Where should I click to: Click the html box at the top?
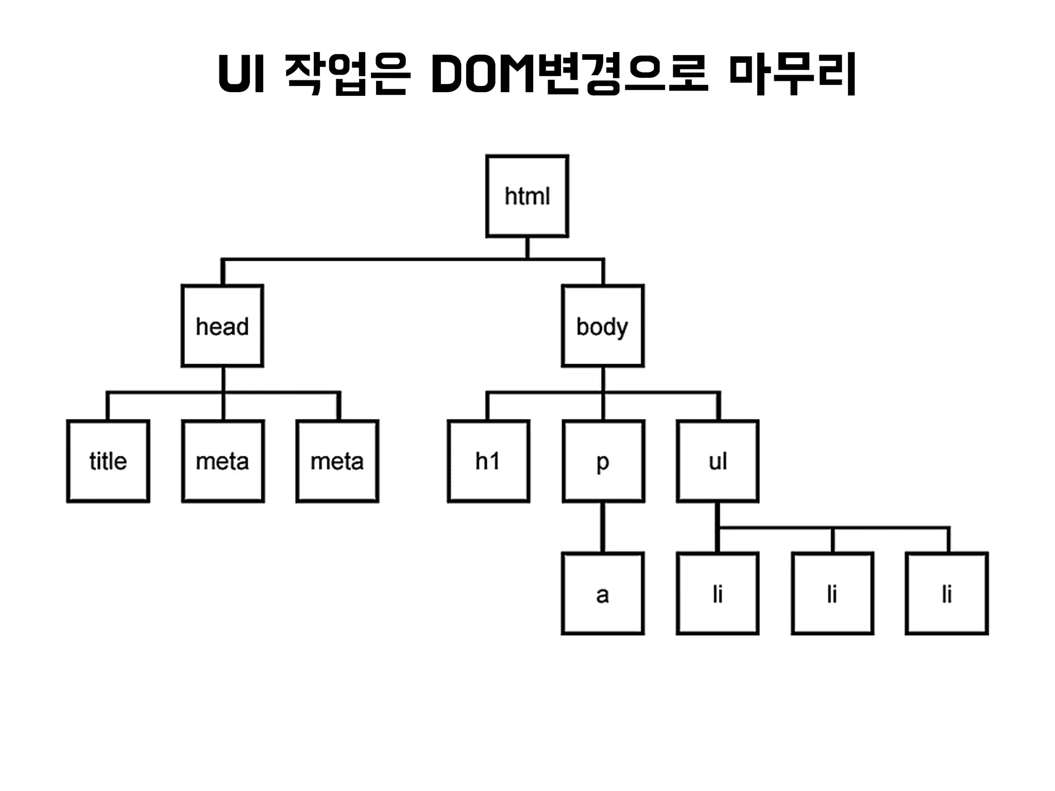pos(527,196)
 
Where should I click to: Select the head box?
pos(223,326)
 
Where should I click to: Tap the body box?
pos(603,326)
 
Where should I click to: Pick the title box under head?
pos(108,461)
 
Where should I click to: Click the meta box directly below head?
pos(223,461)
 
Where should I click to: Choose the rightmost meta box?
pos(337,461)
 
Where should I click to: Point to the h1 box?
pos(488,461)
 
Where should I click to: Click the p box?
pos(603,461)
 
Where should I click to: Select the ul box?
pos(718,461)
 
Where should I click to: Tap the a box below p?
pos(603,594)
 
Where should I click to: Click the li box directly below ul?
pos(718,594)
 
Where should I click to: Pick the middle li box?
pos(832,594)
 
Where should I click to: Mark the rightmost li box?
pos(947,594)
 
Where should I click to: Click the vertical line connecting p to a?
pos(603,527)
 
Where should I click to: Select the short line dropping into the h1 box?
pos(487,407)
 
